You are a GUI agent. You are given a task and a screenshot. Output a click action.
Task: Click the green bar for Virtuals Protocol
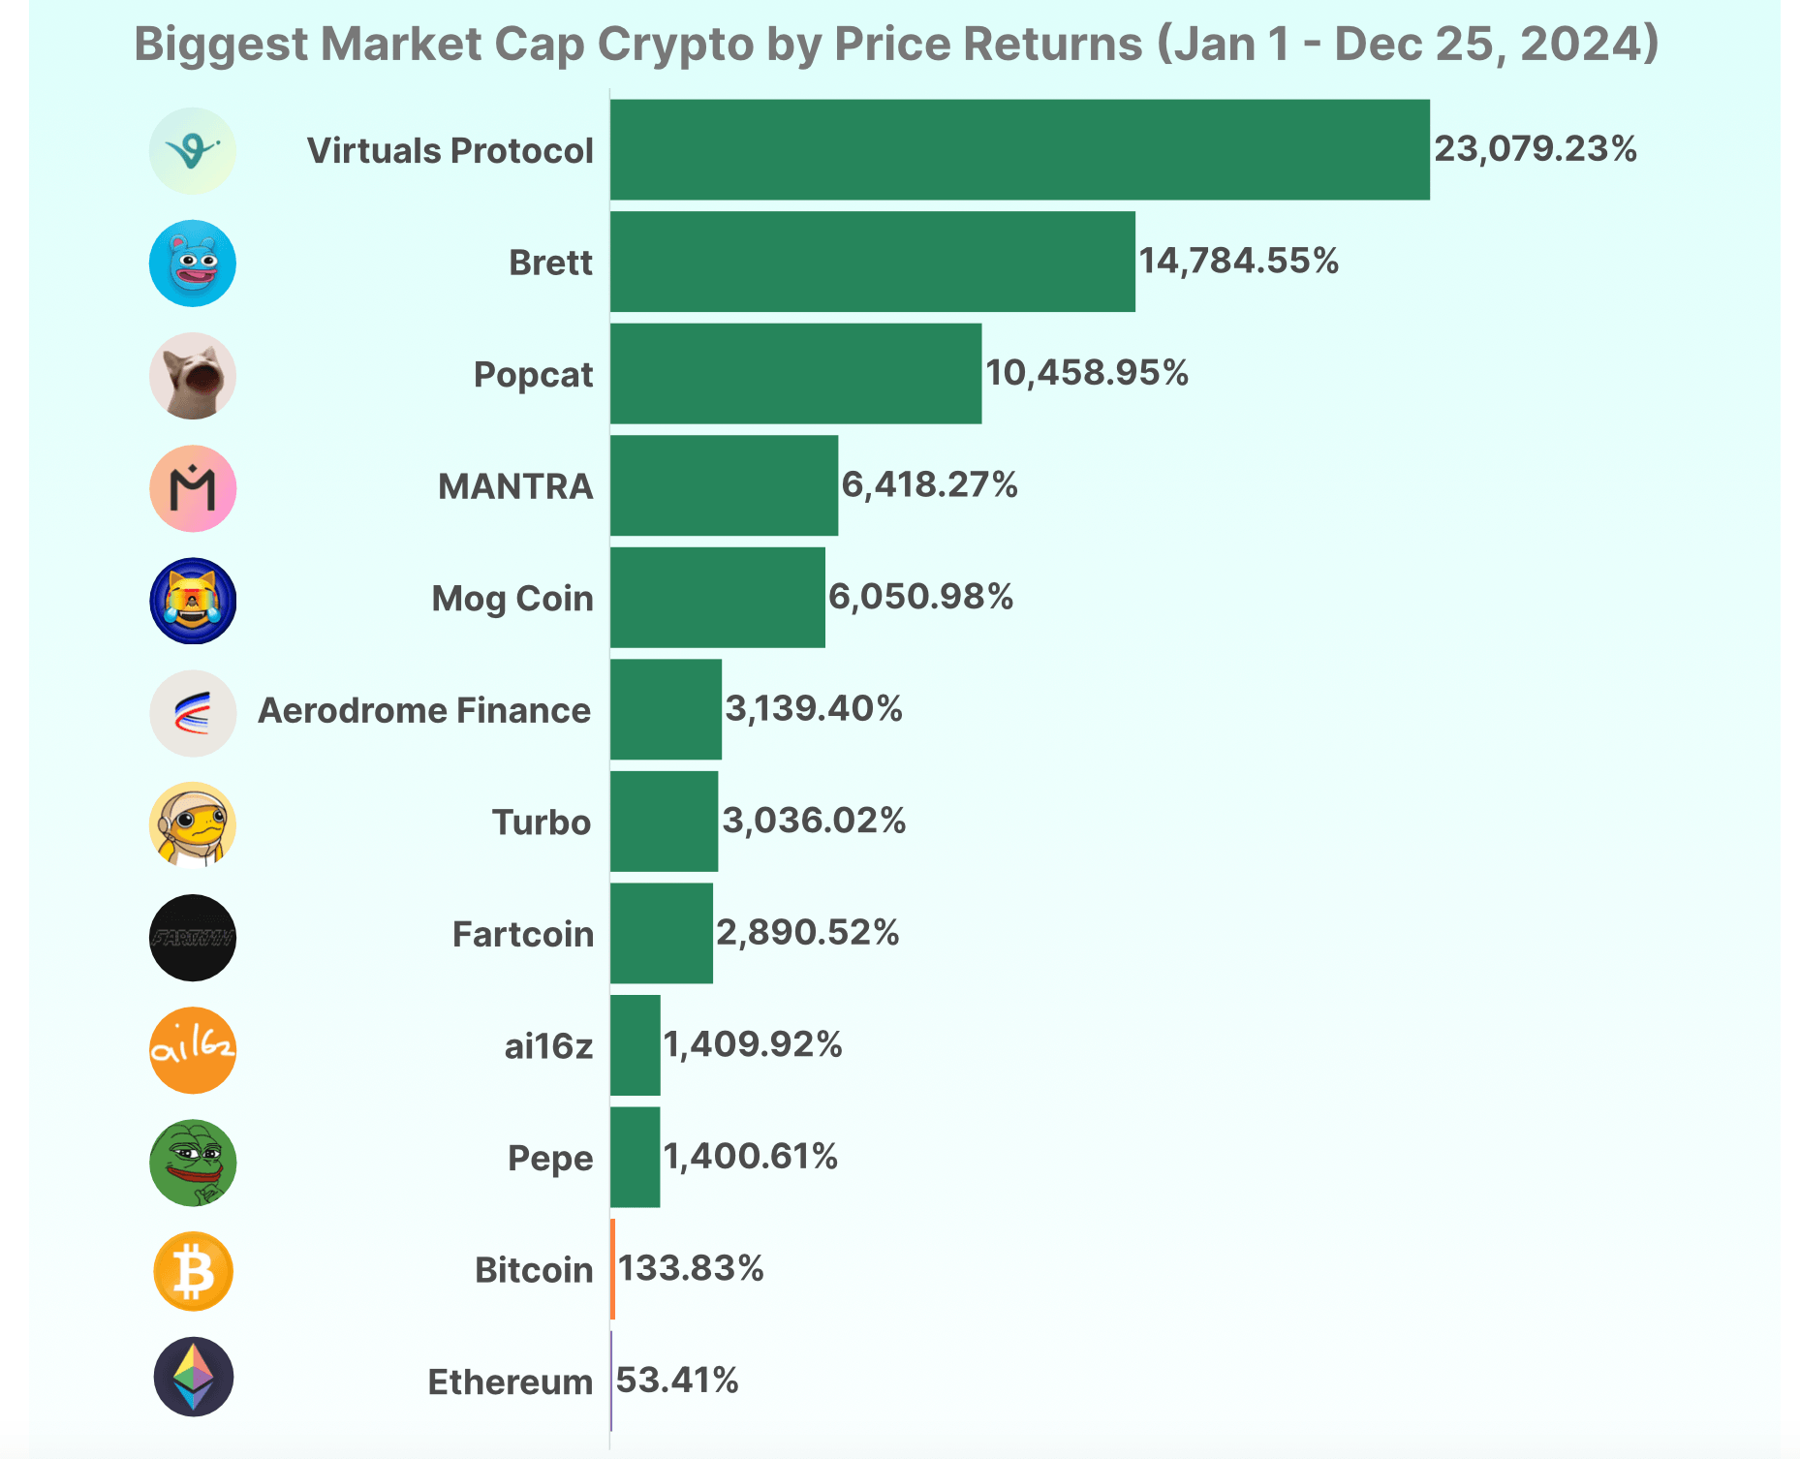click(1019, 150)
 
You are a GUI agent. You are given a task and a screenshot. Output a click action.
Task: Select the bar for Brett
click(872, 262)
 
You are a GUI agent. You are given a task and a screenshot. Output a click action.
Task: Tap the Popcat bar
click(795, 374)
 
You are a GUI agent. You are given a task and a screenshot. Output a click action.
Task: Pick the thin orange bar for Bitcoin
click(613, 1269)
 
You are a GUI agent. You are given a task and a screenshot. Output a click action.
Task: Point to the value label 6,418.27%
click(929, 484)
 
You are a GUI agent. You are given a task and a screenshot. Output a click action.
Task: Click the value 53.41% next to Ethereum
click(677, 1381)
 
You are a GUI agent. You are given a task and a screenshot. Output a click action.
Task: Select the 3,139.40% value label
click(814, 709)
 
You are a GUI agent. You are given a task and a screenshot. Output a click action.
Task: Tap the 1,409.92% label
click(753, 1044)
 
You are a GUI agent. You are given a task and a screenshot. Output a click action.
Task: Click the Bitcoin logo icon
click(194, 1271)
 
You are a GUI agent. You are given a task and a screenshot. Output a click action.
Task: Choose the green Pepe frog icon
click(193, 1162)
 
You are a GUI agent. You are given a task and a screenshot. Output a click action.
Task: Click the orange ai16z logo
click(193, 1050)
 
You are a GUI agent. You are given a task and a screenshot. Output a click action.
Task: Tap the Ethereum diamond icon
click(194, 1377)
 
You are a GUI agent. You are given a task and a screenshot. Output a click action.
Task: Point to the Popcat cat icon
click(193, 376)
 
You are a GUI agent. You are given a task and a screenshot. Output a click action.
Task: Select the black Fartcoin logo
click(193, 938)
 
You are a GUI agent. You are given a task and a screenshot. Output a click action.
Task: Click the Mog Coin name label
click(512, 599)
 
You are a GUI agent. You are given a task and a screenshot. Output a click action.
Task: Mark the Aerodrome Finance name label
click(424, 711)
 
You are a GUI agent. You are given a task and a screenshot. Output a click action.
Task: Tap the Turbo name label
click(541, 823)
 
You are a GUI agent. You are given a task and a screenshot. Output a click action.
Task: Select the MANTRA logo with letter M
click(193, 488)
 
